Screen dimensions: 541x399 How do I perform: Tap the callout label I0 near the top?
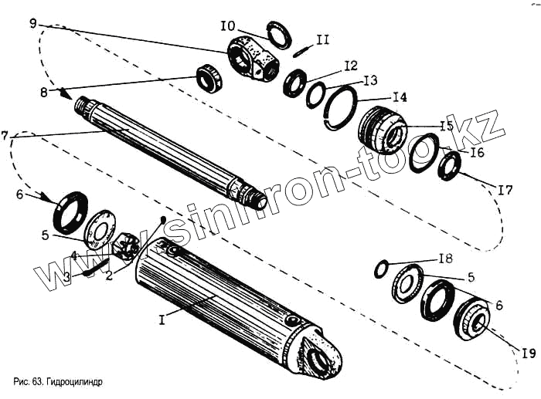coord(227,26)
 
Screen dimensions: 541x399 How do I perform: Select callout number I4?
coord(399,98)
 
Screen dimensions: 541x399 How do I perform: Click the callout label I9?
coord(528,353)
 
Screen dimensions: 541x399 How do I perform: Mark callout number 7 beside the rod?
coord(5,136)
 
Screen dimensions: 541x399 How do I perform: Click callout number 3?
coord(67,276)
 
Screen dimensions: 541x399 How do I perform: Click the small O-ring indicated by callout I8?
coord(380,269)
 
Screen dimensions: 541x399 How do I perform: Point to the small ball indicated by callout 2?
coord(162,220)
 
